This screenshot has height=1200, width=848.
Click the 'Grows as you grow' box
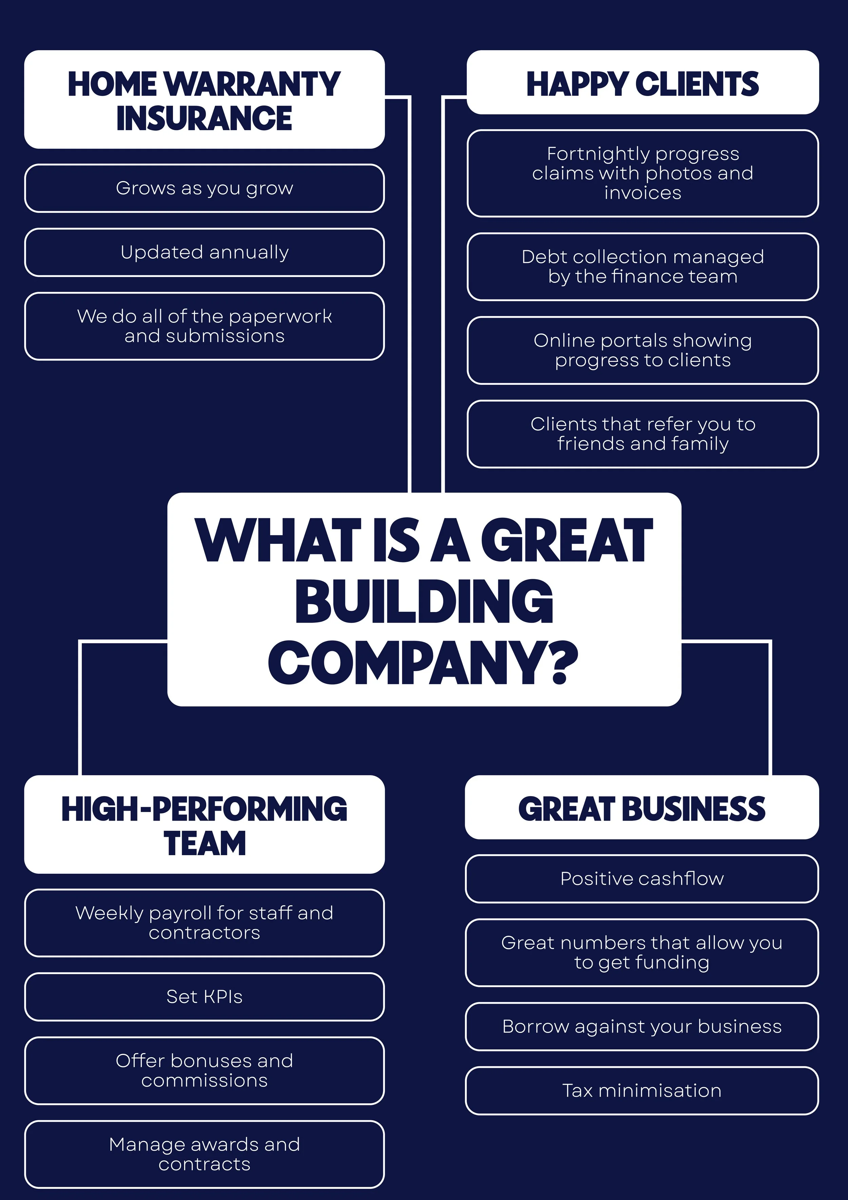tap(205, 188)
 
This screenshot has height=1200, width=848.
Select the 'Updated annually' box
tap(205, 252)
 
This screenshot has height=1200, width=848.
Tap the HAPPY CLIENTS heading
tap(642, 84)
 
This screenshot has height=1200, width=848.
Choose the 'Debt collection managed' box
tap(642, 267)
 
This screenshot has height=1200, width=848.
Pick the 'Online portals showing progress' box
tap(642, 350)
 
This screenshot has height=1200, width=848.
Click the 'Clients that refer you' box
tap(642, 434)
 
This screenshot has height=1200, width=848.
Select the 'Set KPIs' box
tap(205, 997)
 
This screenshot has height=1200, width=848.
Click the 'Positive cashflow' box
tap(642, 879)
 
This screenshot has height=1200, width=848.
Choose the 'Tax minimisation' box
tap(642, 1091)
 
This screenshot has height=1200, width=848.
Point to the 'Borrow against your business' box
tap(642, 1026)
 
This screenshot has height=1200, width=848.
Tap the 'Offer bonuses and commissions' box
tap(205, 1070)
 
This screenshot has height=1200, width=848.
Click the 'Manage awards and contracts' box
tap(205, 1154)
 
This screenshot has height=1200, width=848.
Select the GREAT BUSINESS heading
tap(642, 809)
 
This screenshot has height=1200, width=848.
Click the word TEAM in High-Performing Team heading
tap(205, 844)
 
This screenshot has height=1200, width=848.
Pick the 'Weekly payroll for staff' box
tap(205, 923)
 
